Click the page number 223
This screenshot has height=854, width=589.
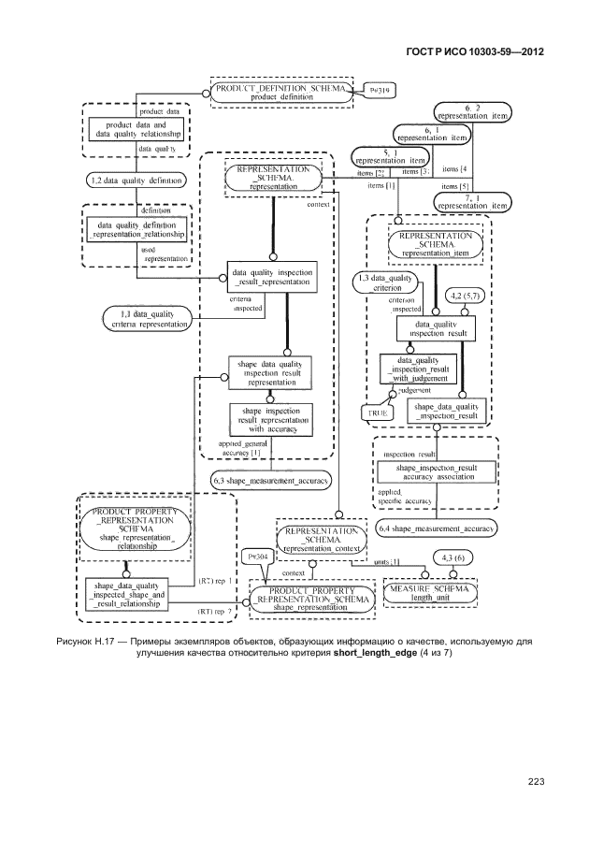(x=536, y=782)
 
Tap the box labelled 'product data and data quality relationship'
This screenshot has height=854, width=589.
(x=136, y=129)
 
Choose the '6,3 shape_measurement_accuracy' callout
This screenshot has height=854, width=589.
(x=271, y=480)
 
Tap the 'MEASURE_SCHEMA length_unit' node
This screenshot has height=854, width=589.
(x=430, y=592)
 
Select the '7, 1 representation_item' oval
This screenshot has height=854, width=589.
(x=474, y=199)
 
